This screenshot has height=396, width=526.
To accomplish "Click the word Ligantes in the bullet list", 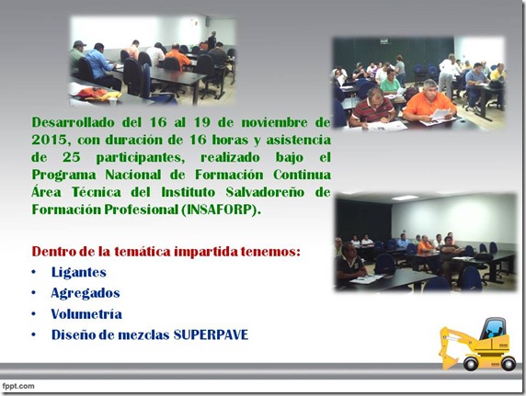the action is click(79, 272).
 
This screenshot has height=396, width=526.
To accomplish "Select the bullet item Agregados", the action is click(86, 293).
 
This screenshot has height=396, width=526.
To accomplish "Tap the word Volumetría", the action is click(86, 314).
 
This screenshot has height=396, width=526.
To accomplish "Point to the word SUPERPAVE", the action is click(211, 335).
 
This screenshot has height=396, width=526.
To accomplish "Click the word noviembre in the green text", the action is click(274, 122).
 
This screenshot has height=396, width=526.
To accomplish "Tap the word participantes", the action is click(141, 158).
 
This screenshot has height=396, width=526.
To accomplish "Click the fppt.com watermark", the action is click(18, 386).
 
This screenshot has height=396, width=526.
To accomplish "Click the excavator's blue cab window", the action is click(492, 329).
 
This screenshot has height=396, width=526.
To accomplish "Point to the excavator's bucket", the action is click(449, 360).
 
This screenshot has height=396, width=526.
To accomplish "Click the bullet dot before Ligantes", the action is click(33, 272).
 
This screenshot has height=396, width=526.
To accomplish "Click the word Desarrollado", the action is click(74, 122).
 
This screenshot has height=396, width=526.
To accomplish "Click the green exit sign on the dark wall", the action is click(384, 41).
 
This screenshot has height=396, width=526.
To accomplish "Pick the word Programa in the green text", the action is click(63, 175).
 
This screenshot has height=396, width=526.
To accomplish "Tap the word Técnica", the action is click(97, 192).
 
